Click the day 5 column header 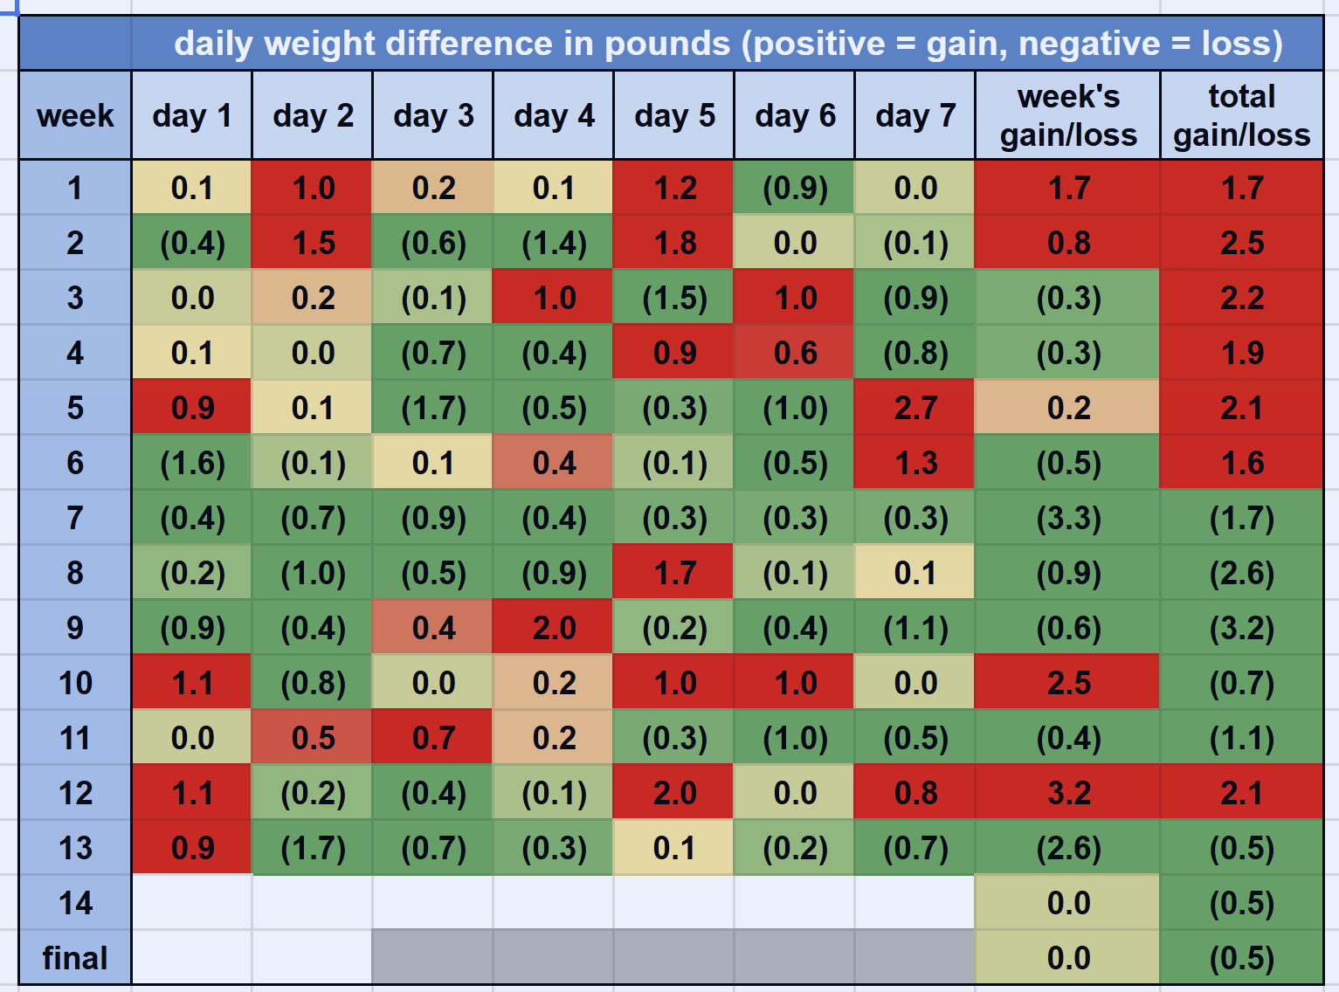point(674,115)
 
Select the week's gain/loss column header point(1067,115)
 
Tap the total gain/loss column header point(1241,115)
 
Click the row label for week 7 point(75,518)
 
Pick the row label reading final point(75,958)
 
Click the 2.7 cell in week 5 point(915,408)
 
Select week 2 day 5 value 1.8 point(674,243)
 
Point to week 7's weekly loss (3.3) point(1067,518)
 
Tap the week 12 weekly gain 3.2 point(1067,793)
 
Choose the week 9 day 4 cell point(554,628)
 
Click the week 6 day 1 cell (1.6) point(192,463)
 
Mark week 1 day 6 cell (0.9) point(795,188)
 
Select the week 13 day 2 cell point(313,848)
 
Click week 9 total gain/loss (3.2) point(1241,628)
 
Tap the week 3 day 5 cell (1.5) point(674,298)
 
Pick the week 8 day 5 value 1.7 point(674,573)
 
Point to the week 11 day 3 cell point(433,738)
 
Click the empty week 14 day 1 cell point(192,903)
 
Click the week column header point(75,115)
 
